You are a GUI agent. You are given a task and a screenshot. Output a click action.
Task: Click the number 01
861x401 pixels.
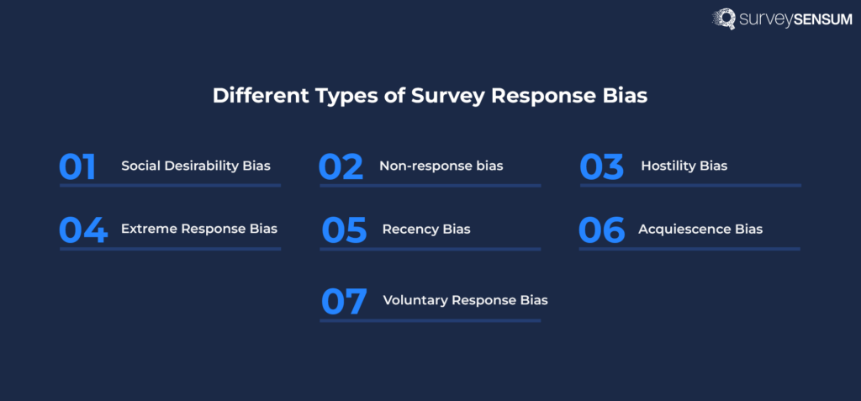[x=77, y=166]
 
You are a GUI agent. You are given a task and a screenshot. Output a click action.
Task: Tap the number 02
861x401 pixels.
[x=341, y=166]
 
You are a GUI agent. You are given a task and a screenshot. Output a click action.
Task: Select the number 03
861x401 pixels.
[x=602, y=166]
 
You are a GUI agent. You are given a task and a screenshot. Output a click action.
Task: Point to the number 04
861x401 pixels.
[x=83, y=230]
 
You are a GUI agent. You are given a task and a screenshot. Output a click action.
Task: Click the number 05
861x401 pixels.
[x=345, y=230]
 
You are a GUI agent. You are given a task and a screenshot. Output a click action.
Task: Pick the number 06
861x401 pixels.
[x=602, y=230]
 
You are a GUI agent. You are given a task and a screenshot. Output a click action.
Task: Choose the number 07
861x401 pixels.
[x=344, y=301]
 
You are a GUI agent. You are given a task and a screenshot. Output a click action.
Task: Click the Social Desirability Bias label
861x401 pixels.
[x=196, y=166]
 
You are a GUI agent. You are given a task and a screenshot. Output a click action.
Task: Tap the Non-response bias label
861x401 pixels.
[x=441, y=166]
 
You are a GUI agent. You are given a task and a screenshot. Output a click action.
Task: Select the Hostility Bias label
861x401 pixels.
[x=684, y=166]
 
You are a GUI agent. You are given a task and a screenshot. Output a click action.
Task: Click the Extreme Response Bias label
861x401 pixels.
[x=199, y=229]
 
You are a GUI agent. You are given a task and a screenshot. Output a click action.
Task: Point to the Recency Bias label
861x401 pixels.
[x=426, y=229]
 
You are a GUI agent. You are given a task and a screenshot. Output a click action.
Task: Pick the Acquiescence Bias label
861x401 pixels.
[x=700, y=229]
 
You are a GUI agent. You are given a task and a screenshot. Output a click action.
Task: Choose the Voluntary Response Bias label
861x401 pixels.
[x=465, y=300]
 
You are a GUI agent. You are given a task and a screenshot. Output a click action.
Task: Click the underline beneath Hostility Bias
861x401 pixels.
[x=690, y=185]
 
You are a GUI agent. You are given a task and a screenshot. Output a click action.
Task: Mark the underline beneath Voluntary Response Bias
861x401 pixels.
[x=430, y=319]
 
